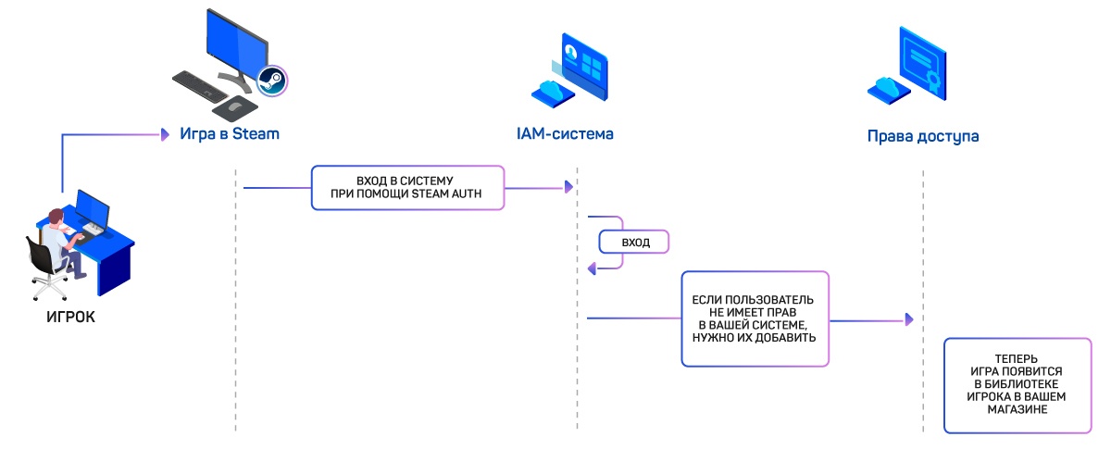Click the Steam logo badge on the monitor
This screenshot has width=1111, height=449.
[x=271, y=80]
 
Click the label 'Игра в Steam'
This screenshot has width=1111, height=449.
[x=230, y=134]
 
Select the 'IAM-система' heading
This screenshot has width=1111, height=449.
[x=565, y=134]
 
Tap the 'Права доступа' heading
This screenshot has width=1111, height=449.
[x=923, y=136]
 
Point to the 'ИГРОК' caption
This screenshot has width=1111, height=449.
[x=71, y=318]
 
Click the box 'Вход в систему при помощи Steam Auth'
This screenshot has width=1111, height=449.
[x=407, y=188]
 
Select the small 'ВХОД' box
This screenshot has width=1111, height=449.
[x=634, y=243]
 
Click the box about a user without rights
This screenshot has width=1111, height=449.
[x=755, y=319]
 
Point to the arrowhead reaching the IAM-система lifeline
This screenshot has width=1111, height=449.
[x=568, y=188]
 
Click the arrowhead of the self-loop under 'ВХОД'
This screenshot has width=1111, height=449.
[x=593, y=268]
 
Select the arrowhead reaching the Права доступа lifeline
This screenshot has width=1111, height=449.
[x=909, y=319]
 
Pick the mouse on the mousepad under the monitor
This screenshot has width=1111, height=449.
[x=235, y=107]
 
